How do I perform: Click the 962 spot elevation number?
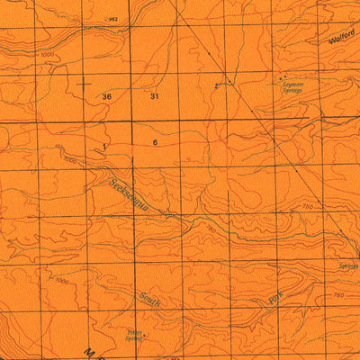tap(112, 19)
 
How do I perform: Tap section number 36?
tap(107, 95)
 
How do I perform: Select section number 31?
tap(155, 95)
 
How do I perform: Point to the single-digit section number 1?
tap(105, 144)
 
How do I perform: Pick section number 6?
tap(155, 143)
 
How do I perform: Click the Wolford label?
tap(343, 38)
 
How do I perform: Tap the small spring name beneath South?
tap(136, 332)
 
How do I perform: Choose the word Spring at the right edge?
tap(350, 266)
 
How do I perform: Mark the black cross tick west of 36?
tap(85, 82)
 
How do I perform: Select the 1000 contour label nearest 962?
tap(47, 56)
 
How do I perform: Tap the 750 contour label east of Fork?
tap(339, 294)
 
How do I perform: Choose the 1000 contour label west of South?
tap(61, 282)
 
